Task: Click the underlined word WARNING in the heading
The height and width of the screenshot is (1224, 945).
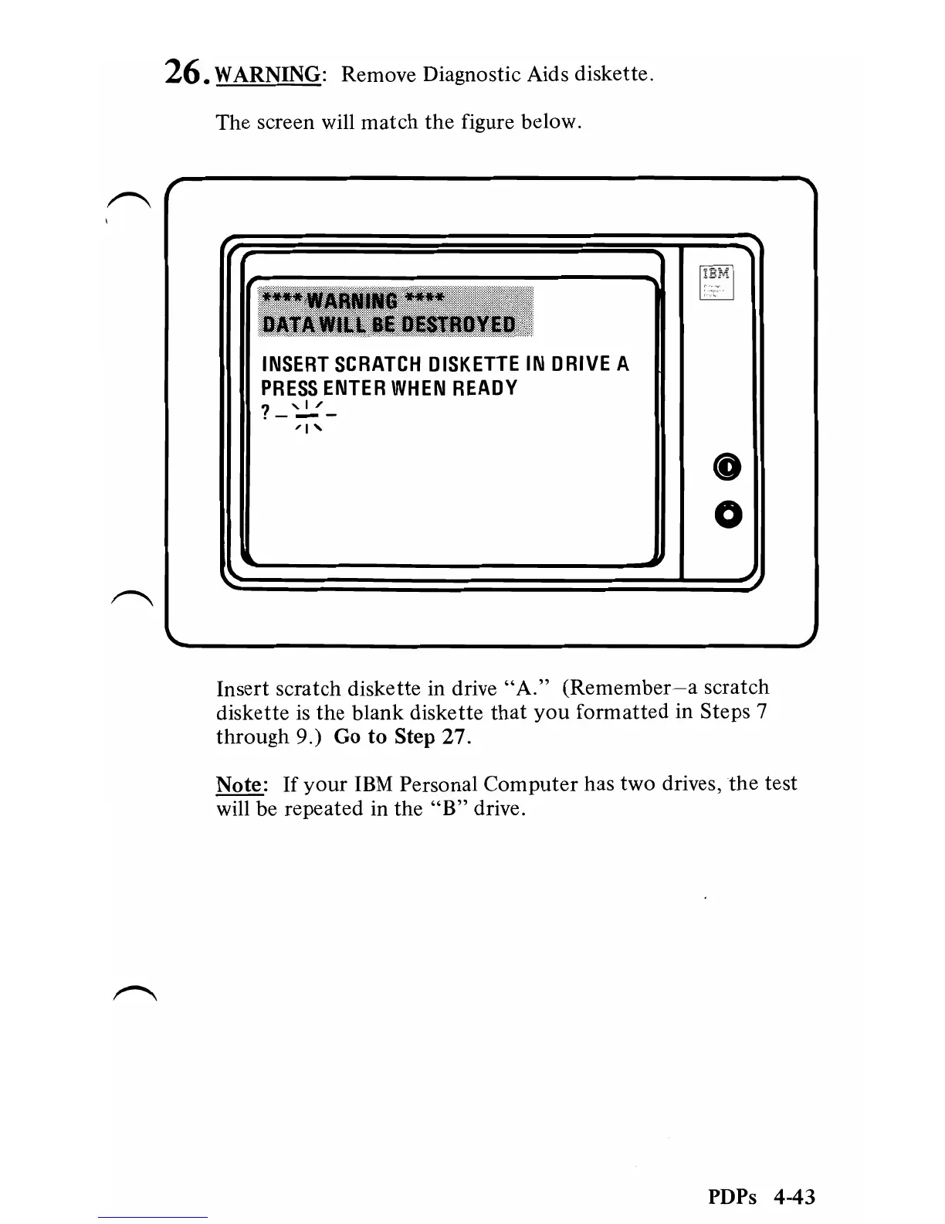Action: click(x=268, y=75)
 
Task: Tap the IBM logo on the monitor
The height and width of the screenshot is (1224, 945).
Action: click(x=716, y=273)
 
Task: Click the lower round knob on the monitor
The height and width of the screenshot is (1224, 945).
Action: click(x=728, y=514)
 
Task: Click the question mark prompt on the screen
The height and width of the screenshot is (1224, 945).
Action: click(x=266, y=413)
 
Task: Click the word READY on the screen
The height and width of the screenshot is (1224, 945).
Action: click(x=485, y=388)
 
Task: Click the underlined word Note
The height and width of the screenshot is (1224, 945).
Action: click(x=239, y=784)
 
